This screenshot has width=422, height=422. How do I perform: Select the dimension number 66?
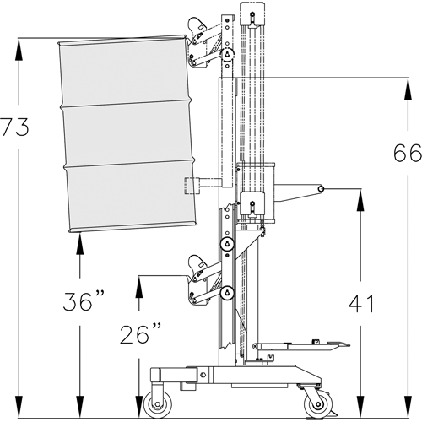coord(407,153)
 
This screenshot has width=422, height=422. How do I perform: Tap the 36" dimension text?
coord(85,300)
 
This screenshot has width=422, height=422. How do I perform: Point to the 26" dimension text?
coord(139,334)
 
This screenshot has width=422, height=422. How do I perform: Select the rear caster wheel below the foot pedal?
coord(313,402)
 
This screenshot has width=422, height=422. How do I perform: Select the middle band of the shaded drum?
coord(128,134)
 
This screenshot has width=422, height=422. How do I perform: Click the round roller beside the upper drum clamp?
coord(227,55)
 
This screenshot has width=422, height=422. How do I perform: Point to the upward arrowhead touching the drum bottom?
coord(79,241)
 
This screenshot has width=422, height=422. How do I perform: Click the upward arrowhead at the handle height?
coord(360,196)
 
